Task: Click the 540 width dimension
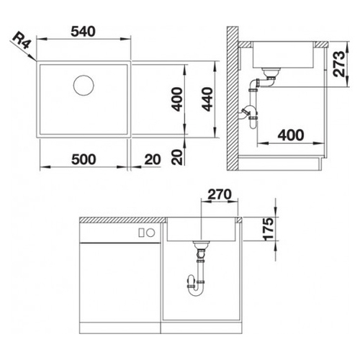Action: coord(83,32)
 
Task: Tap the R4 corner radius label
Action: coord(22,41)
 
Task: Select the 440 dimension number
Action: coord(207,99)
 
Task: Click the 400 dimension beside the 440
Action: coord(178,99)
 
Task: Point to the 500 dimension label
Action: coord(84,159)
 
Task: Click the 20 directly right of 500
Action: coord(153,159)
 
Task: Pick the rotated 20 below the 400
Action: coord(177,157)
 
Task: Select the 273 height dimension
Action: coord(339,64)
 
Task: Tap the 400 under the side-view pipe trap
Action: coord(291,135)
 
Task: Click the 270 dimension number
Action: coord(220,194)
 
